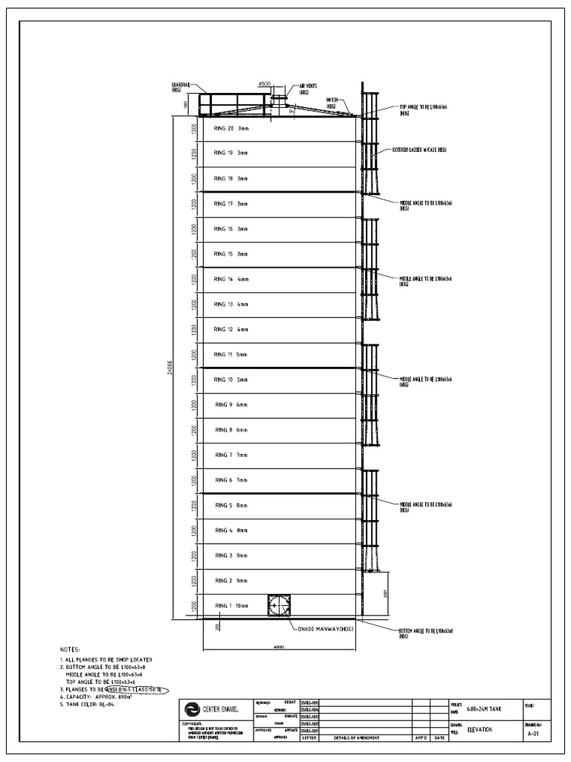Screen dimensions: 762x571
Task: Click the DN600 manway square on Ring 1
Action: point(279,606)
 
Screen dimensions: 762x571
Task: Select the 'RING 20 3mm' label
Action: point(230,129)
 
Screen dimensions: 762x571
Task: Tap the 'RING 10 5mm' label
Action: point(230,380)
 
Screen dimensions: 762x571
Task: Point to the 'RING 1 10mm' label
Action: point(231,606)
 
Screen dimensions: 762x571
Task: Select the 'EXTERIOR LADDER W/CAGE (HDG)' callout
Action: point(420,150)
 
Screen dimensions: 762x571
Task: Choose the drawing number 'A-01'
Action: point(532,732)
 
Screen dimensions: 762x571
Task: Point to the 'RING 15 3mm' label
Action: point(230,254)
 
